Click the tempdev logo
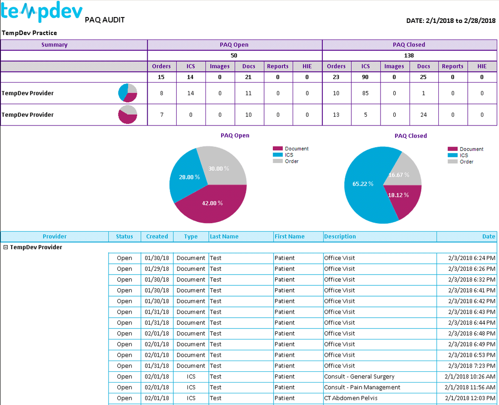pyautogui.click(x=41, y=12)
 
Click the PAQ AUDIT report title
pyautogui.click(x=104, y=20)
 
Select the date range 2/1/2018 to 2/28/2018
pyautogui.click(x=451, y=20)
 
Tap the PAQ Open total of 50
pyautogui.click(x=235, y=55)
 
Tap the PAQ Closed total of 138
pyautogui.click(x=409, y=55)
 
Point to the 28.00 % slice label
pyautogui.click(x=189, y=177)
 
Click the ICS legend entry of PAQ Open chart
pyautogui.click(x=289, y=155)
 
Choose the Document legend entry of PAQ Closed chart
pyautogui.click(x=471, y=149)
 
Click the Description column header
pyautogui.click(x=340, y=236)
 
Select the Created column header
pyautogui.click(x=157, y=236)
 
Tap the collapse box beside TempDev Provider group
pyautogui.click(x=5, y=247)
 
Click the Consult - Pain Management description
pyautogui.click(x=362, y=387)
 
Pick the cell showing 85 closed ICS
pyautogui.click(x=365, y=93)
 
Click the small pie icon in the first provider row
pyautogui.click(x=128, y=93)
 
